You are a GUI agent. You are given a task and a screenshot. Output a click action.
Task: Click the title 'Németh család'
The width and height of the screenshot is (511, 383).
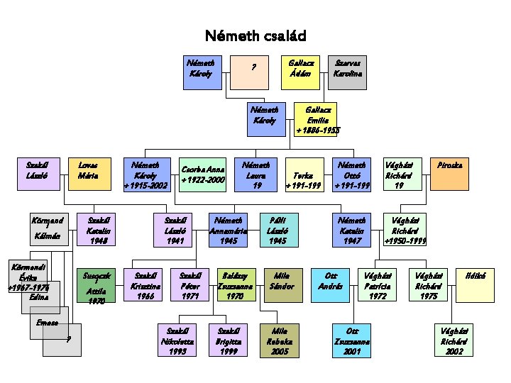pos(255,35)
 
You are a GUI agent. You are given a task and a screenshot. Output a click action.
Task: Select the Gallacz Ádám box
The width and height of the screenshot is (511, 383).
pos(300,72)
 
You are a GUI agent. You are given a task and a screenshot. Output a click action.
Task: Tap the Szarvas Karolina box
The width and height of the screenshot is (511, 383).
pos(347,72)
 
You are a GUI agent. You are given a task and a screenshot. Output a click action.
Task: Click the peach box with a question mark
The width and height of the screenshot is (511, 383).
pos(253,72)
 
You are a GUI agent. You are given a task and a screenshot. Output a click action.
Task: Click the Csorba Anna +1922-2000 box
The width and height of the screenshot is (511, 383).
pos(203,174)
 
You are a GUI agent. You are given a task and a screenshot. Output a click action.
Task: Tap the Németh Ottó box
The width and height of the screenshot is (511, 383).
pos(353,174)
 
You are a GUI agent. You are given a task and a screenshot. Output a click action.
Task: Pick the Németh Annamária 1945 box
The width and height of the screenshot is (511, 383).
pos(228,231)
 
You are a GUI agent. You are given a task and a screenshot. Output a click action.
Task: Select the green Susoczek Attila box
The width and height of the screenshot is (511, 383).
pos(95,286)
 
